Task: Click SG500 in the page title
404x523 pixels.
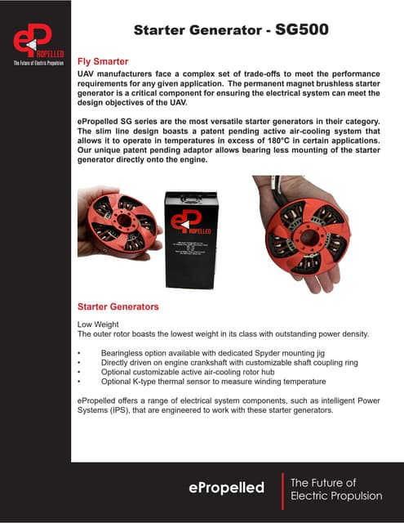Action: (302, 30)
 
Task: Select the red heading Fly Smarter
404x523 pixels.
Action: (103, 61)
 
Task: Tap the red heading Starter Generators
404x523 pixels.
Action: (118, 307)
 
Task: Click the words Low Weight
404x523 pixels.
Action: (98, 324)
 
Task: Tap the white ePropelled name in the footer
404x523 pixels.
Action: (227, 487)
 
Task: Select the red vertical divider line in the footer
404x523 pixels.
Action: (281, 488)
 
